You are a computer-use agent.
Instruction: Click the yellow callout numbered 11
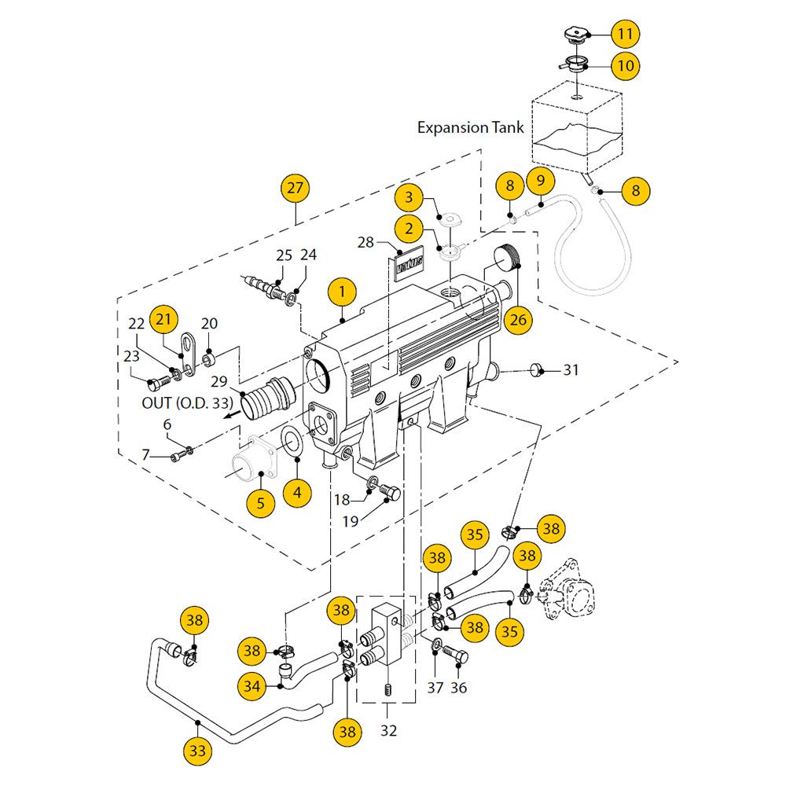tap(626, 34)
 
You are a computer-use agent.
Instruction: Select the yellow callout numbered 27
tap(295, 188)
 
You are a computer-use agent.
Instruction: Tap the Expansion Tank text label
tap(470, 127)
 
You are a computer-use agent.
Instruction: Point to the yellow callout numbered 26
tap(518, 320)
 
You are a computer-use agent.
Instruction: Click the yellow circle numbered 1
tap(343, 292)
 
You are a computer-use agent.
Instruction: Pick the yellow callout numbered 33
tap(197, 751)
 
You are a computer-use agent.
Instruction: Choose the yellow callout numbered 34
tap(252, 685)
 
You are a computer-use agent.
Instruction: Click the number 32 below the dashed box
tap(388, 730)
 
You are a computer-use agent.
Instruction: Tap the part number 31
tap(571, 370)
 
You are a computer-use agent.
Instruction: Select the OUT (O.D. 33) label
tap(188, 402)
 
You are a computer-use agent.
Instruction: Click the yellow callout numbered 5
tap(261, 503)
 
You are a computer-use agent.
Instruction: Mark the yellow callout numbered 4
tap(297, 493)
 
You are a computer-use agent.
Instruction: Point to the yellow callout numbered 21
tap(164, 319)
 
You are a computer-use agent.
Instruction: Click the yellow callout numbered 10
tap(626, 65)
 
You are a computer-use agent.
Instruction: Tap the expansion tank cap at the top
tap(578, 36)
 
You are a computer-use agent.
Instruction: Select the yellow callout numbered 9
tap(541, 181)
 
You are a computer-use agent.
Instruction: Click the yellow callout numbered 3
tap(409, 197)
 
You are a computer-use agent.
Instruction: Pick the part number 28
tap(365, 242)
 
